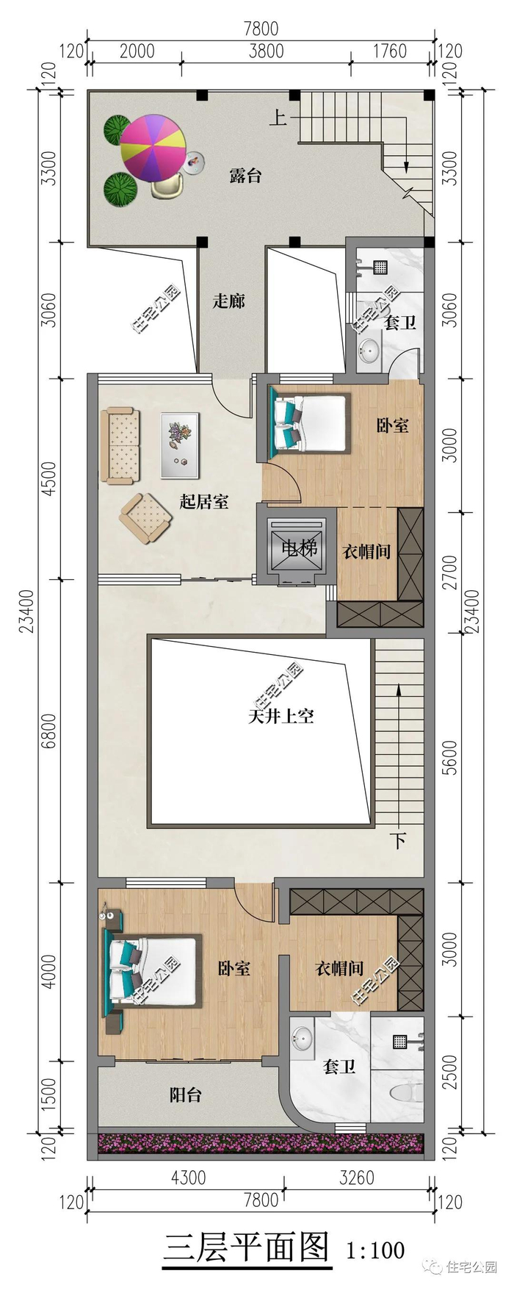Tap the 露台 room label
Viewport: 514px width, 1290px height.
245,176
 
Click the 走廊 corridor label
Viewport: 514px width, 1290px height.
228,301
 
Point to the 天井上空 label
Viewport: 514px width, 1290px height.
282,715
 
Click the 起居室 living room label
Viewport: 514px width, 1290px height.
204,501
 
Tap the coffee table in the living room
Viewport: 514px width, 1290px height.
180,445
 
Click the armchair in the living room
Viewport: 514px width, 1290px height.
147,517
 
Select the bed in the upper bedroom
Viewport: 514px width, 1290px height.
309,423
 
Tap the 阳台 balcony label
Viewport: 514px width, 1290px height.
186,1094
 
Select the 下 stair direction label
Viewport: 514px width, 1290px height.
397,840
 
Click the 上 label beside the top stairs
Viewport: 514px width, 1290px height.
278,118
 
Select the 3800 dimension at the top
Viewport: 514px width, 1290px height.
266,51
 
